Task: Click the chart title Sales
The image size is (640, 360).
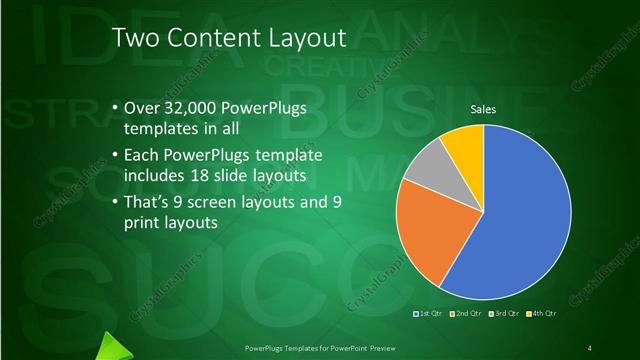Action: tap(483, 110)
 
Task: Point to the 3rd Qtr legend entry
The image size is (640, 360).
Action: tap(502, 314)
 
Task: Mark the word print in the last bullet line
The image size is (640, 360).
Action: tap(145, 223)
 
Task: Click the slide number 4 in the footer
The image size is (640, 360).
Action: tap(590, 347)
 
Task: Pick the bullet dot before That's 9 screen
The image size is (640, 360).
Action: tap(115, 201)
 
